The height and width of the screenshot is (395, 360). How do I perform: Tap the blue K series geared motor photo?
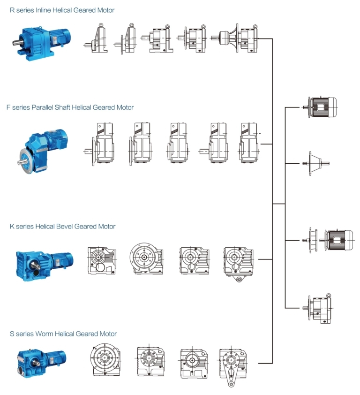[x=45, y=260]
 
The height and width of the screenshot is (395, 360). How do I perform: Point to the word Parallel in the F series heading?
[x=43, y=107]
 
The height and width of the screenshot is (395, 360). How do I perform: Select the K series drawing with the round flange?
[x=147, y=258]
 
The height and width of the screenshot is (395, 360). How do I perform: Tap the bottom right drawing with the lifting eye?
[x=319, y=307]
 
